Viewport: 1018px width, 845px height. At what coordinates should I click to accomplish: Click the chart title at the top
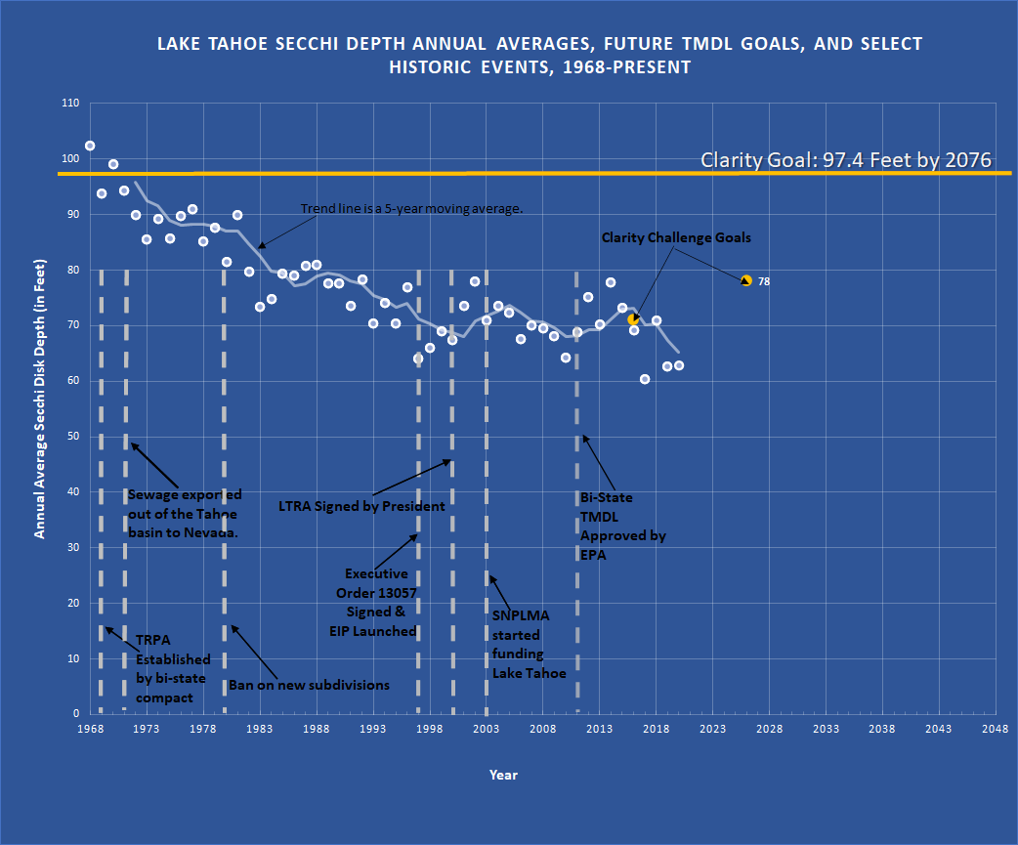click(540, 56)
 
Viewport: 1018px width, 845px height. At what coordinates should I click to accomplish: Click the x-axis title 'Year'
click(503, 775)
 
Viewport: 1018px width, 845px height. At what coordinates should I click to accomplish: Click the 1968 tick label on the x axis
click(90, 729)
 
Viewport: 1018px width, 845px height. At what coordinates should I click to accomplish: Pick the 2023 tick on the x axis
click(712, 729)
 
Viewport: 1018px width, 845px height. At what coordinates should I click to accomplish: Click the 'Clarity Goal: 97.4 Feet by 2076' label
click(846, 160)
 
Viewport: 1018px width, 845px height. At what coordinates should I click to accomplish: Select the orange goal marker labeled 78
click(746, 280)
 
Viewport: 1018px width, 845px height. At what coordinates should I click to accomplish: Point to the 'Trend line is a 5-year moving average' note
click(412, 209)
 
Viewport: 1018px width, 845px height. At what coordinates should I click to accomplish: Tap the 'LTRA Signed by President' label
click(361, 506)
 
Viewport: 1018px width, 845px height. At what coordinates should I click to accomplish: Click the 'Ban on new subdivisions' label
click(309, 685)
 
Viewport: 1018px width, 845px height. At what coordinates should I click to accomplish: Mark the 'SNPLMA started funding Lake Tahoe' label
click(529, 644)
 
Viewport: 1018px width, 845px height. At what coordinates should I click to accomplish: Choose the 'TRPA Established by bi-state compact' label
click(173, 669)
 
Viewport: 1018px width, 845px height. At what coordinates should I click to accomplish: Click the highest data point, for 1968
click(90, 146)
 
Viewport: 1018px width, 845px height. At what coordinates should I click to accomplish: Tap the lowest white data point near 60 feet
click(645, 379)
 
